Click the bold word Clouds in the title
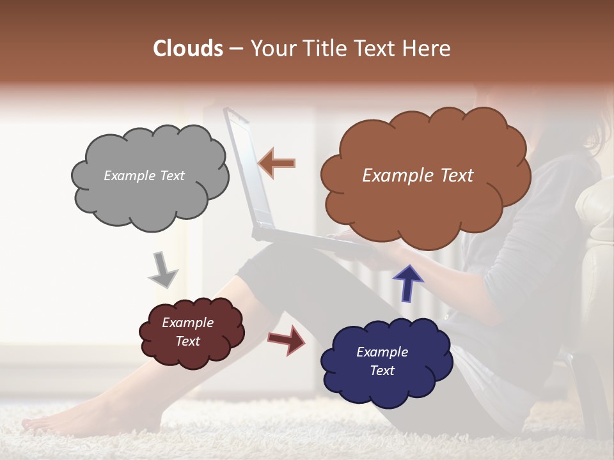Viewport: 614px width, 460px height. click(189, 49)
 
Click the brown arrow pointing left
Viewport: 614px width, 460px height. click(277, 163)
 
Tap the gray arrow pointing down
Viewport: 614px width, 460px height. click(162, 270)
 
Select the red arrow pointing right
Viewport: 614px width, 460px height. click(287, 339)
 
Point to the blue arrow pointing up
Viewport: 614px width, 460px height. click(407, 282)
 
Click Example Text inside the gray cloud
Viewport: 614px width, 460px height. click(144, 176)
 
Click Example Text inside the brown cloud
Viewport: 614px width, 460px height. click(418, 176)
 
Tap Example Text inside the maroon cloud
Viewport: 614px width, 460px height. click(188, 332)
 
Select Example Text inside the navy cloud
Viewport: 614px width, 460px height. click(382, 361)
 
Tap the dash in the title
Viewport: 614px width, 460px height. click(236, 49)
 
